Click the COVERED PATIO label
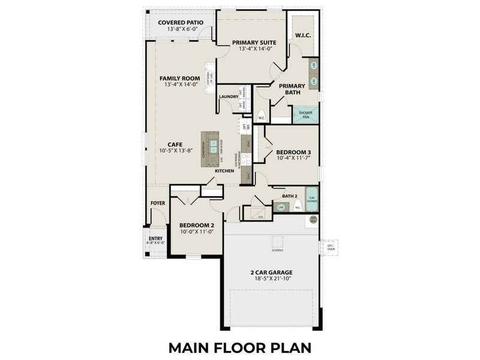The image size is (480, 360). [180, 23]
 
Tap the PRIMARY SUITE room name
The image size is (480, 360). [254, 43]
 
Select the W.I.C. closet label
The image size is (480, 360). [302, 35]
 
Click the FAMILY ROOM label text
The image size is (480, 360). [179, 79]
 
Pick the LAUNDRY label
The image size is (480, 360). [229, 97]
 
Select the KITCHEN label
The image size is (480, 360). [224, 171]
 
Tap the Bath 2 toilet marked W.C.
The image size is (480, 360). [298, 206]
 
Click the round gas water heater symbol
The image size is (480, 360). [313, 220]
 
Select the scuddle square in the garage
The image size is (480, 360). [277, 242]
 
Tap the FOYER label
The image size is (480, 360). [158, 203]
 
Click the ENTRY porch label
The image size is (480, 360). [155, 239]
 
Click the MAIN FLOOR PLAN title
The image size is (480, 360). [240, 347]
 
